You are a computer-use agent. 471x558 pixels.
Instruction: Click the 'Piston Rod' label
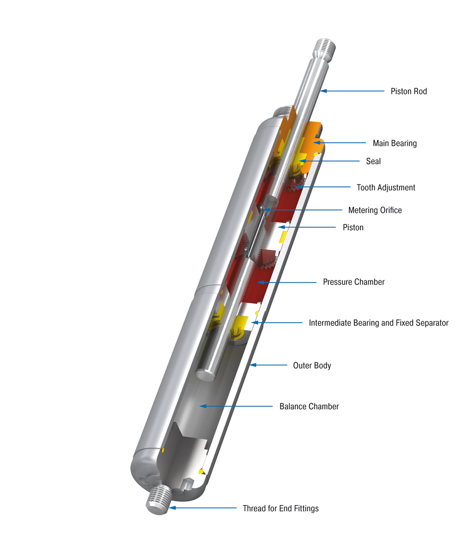[x=408, y=91]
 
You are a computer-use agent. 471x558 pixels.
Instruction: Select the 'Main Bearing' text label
[x=394, y=143]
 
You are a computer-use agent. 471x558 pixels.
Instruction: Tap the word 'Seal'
[x=373, y=161]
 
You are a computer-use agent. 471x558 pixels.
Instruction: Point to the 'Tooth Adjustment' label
[x=385, y=187]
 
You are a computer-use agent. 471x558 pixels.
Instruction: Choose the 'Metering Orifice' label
[x=375, y=210]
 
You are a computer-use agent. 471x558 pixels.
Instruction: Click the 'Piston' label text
[x=353, y=227]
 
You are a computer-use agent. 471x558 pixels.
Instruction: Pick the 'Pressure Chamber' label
[x=353, y=282]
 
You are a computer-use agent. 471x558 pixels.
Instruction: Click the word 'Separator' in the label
[x=430, y=323]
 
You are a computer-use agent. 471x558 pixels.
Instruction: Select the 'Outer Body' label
[x=312, y=365]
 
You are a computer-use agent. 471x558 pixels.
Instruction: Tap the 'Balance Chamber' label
[x=309, y=406]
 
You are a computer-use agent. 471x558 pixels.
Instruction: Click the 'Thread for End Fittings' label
[x=280, y=508]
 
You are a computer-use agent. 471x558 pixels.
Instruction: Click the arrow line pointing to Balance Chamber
[x=237, y=406]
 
